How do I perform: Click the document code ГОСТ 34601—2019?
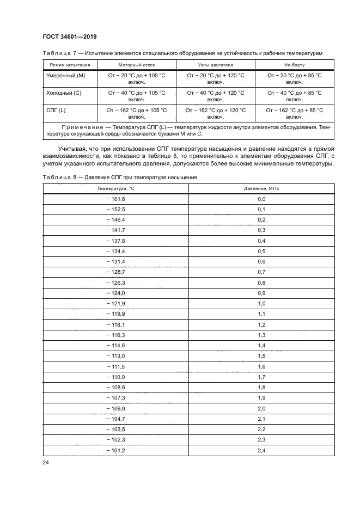[69, 36]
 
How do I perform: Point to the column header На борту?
[295, 65]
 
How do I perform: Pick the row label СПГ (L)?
[56, 110]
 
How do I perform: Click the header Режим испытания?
[64, 65]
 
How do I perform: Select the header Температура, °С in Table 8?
[115, 188]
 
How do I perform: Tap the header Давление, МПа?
[261, 188]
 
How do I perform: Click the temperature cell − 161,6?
[115, 199]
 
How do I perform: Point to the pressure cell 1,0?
[261, 303]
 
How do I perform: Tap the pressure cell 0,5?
[261, 251]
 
